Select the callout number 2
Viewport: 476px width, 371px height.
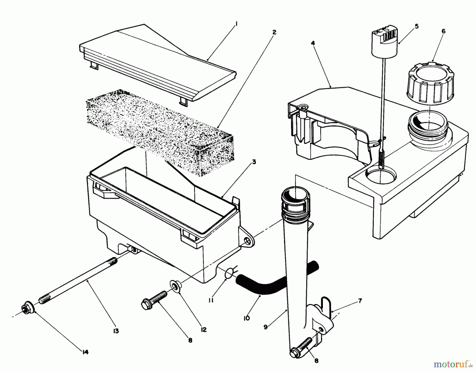pyautogui.click(x=274, y=32)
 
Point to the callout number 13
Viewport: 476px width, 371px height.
pyautogui.click(x=116, y=331)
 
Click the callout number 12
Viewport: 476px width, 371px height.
pyautogui.click(x=204, y=330)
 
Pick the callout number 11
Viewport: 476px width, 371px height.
pyautogui.click(x=211, y=300)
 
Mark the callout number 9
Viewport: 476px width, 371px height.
pyautogui.click(x=266, y=327)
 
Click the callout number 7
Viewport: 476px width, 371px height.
pyautogui.click(x=360, y=301)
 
